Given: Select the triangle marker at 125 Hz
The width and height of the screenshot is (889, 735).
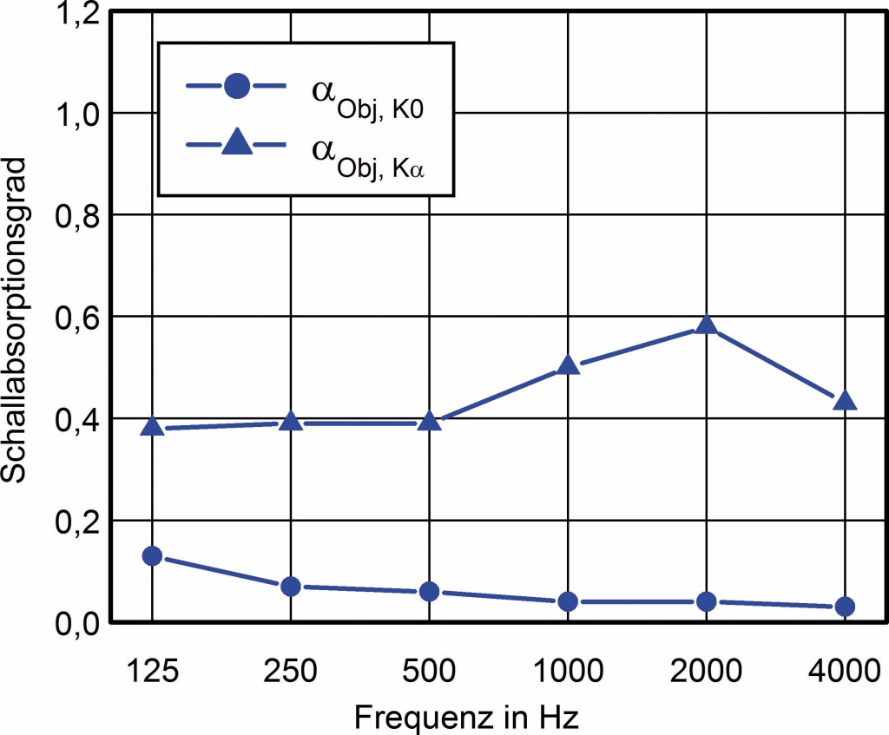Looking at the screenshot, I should (153, 427).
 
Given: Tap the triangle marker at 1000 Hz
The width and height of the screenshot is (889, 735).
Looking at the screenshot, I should (568, 365).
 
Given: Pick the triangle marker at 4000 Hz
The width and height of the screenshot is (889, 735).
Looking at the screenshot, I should (845, 401).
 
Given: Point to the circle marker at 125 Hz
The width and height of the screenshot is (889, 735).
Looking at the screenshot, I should (153, 555).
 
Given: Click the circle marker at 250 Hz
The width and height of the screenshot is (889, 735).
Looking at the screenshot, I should (291, 587).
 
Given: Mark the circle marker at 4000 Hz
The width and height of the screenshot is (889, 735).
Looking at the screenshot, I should (845, 607).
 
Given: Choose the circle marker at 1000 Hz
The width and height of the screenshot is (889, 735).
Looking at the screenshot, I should (568, 601).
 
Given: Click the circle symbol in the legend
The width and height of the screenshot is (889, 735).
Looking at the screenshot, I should (237, 87).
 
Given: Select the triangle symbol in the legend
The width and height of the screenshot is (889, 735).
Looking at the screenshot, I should (237, 145).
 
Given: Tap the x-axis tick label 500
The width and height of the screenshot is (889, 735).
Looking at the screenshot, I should (429, 672).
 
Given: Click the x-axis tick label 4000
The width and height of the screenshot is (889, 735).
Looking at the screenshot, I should (845, 672).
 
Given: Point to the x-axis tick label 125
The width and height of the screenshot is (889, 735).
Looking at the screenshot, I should (153, 672).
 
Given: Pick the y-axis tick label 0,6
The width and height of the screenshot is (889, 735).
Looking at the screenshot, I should (78, 317).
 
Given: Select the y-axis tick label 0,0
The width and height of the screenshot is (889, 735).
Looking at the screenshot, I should (78, 622).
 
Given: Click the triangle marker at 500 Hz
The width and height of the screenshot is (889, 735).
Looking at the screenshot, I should (429, 422).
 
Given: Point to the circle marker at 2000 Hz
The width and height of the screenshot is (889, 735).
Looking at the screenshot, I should (707, 601).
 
